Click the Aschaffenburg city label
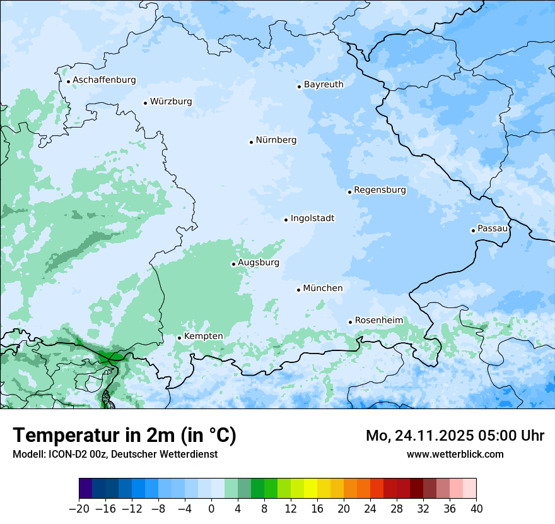point(104,80)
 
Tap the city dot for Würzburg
point(145,103)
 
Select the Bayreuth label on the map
point(324,85)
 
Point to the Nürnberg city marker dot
point(251,142)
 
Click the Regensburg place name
point(380,190)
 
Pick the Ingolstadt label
point(312,218)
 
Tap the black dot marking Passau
point(473,230)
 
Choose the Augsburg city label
point(259,263)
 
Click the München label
point(323,289)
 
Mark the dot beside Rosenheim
point(350,322)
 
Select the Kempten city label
point(203,336)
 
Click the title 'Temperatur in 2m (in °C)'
point(124,436)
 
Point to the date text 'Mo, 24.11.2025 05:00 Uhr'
point(455,436)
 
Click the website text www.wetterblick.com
point(455,454)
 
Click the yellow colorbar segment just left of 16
point(310,489)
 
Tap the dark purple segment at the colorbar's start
point(86,489)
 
